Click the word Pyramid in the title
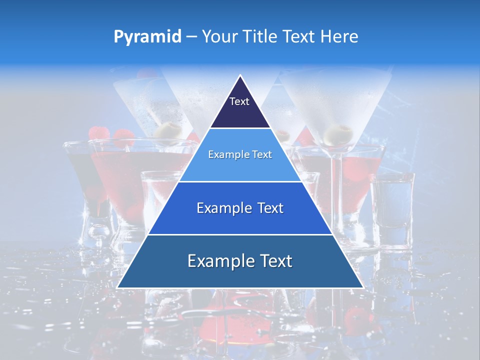[147, 37]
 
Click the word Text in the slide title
[301, 37]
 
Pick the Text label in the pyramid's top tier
[239, 101]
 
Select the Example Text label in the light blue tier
[240, 154]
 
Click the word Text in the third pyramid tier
[270, 208]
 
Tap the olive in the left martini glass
[168, 129]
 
